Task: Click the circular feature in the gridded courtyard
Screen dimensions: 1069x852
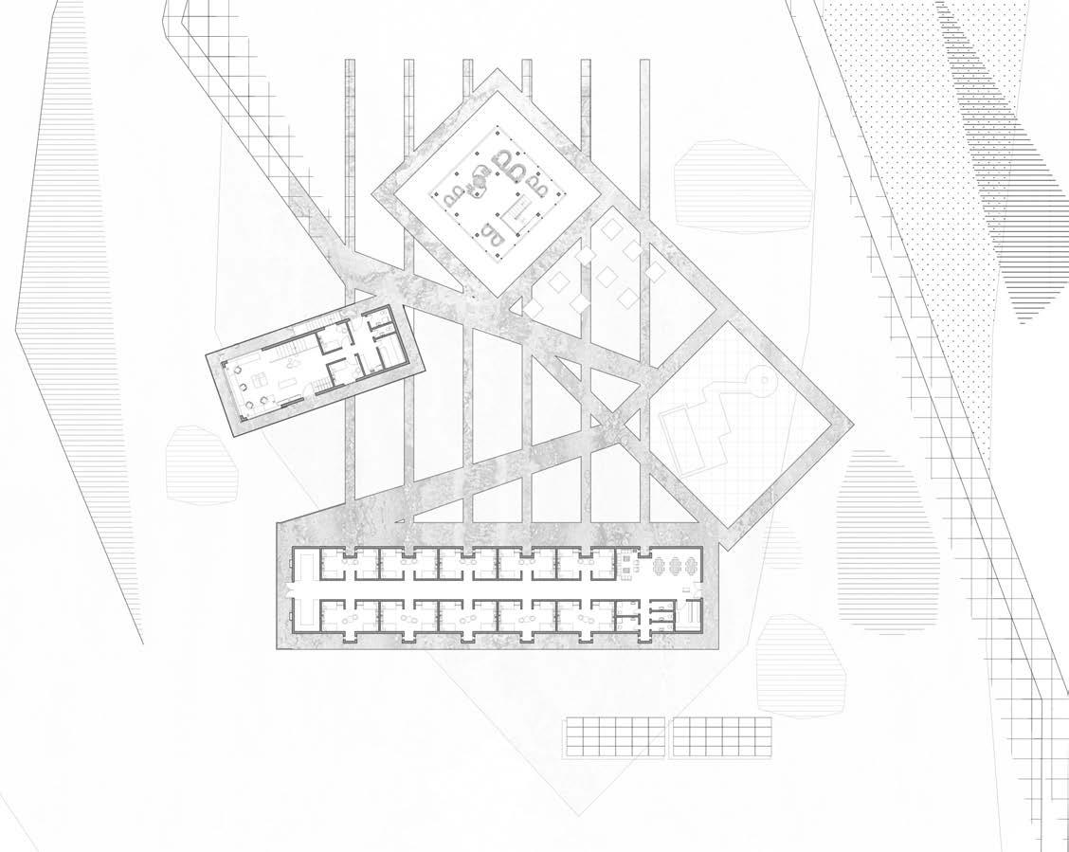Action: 760,382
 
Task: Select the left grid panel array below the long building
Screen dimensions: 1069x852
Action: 615,738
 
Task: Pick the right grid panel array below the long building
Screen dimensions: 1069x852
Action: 719,738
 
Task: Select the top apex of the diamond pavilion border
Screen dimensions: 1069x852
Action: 492,72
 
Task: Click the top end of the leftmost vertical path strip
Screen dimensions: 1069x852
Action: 349,64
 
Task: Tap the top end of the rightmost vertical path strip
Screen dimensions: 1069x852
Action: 643,64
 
